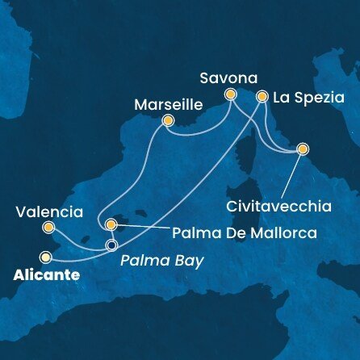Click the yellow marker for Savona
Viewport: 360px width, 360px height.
click(230, 94)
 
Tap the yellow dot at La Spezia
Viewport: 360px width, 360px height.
click(262, 96)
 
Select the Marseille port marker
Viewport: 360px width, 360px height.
click(168, 122)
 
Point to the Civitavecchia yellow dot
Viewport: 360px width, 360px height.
click(303, 149)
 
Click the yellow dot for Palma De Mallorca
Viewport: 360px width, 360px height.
click(111, 225)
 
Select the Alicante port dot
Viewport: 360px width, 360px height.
click(46, 257)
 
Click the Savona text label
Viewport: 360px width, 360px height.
click(229, 78)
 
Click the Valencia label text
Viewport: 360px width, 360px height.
click(48, 213)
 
